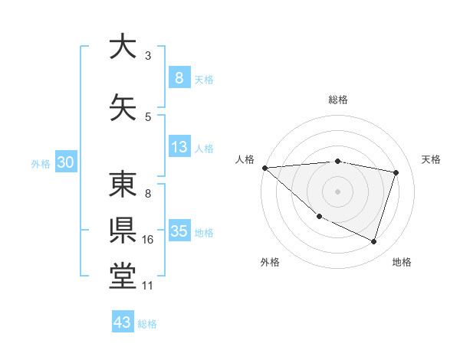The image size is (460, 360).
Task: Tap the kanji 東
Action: (x=123, y=185)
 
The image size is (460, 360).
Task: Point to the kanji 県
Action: (x=123, y=229)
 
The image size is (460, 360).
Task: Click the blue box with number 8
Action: (x=179, y=78)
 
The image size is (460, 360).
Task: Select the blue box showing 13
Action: (x=179, y=147)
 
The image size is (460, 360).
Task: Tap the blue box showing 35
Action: (x=179, y=231)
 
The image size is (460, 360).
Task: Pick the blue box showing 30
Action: (x=66, y=162)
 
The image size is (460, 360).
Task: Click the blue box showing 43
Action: (x=122, y=322)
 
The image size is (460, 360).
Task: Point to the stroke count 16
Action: (x=148, y=240)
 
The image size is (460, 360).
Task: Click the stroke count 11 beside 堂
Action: (x=148, y=286)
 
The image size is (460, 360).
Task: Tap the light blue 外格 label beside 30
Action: (x=41, y=163)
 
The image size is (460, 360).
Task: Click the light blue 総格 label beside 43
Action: (x=147, y=323)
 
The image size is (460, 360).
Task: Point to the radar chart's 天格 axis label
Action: (x=432, y=159)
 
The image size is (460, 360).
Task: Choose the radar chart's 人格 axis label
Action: (x=245, y=159)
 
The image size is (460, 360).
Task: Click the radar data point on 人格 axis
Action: (x=264, y=168)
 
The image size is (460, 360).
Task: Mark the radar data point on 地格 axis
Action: (x=373, y=242)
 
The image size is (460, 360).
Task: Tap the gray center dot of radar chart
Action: (x=337, y=191)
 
